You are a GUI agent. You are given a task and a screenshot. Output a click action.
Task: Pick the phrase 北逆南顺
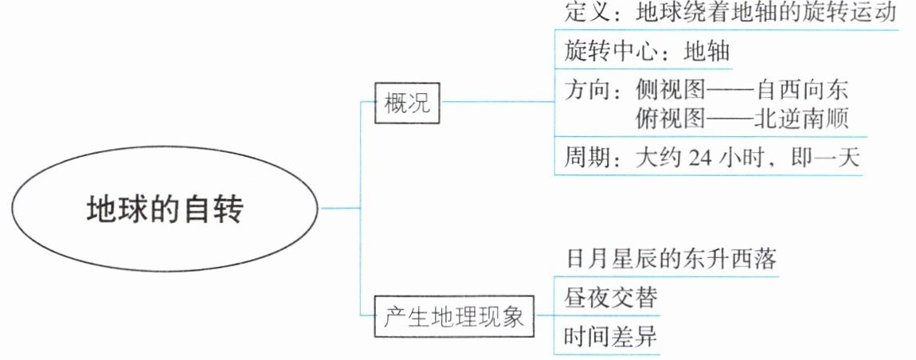point(805,120)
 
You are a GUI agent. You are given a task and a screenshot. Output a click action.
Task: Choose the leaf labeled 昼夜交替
point(612,299)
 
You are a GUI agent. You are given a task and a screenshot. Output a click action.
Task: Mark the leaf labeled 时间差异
point(612,338)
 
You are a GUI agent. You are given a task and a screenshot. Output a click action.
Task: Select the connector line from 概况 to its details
point(498,103)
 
